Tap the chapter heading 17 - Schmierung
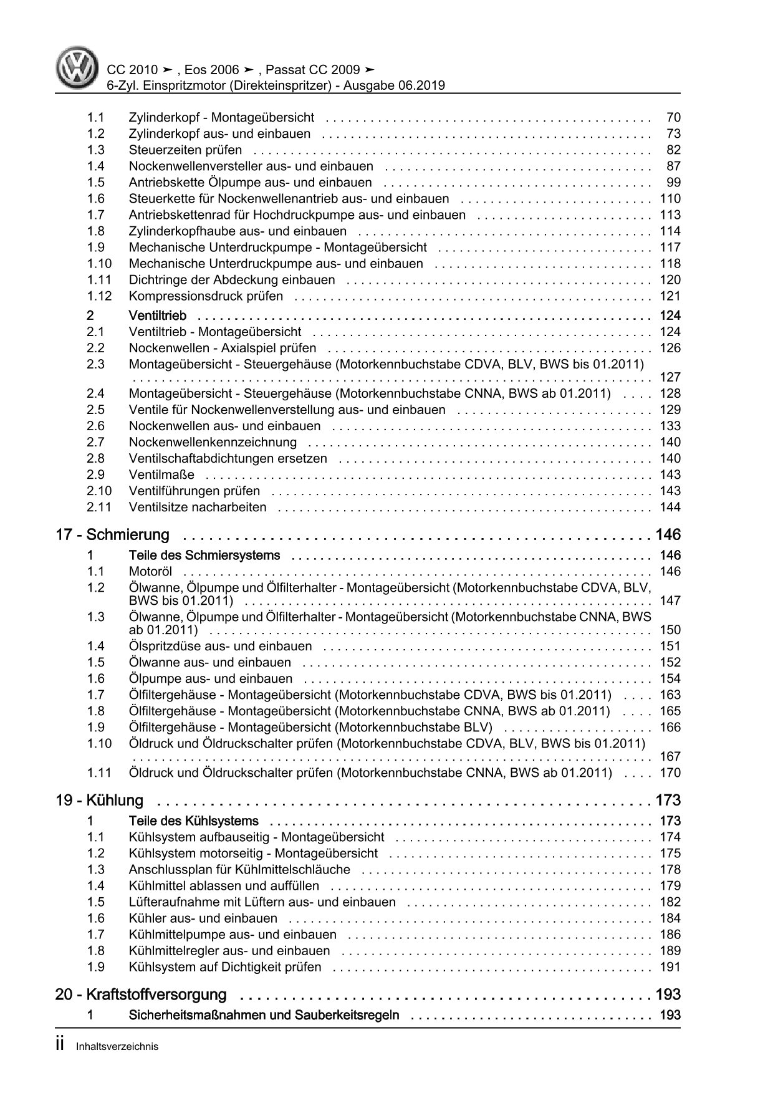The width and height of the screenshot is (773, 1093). tap(113, 534)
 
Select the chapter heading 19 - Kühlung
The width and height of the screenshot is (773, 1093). tap(100, 800)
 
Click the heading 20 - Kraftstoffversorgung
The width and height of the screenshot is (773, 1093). tap(141, 994)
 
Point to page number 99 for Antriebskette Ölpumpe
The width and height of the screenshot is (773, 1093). tap(673, 183)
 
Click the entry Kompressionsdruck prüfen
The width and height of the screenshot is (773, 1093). tap(206, 296)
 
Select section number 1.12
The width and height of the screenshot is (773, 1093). tap(99, 296)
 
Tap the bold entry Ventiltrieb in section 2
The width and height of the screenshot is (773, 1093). tap(157, 315)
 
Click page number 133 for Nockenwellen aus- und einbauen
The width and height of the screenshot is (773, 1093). tap(670, 426)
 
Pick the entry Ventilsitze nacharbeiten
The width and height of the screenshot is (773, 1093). tap(198, 507)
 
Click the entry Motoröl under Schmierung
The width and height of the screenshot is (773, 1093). tap(150, 571)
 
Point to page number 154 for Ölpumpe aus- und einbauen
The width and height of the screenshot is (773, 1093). tap(670, 678)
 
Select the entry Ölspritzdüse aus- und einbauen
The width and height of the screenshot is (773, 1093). tap(220, 646)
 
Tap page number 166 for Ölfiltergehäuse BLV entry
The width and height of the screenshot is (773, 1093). tap(670, 727)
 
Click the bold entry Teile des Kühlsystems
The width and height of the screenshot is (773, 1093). tap(193, 821)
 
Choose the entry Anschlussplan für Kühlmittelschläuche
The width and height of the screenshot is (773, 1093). tap(239, 869)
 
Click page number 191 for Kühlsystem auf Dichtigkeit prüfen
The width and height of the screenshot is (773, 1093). tap(670, 966)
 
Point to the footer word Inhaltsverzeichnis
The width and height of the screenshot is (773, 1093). tap(117, 1047)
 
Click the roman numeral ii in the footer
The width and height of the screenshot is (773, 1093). tap(60, 1046)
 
